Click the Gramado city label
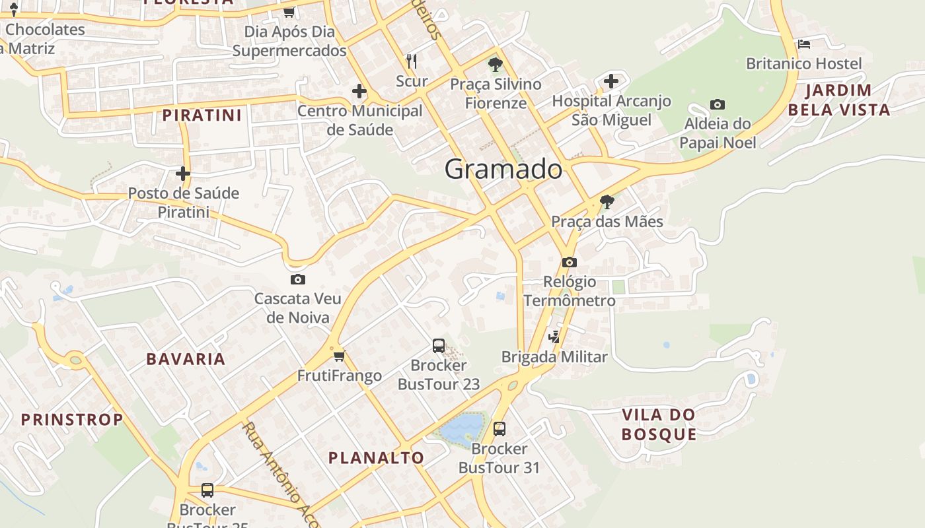503,170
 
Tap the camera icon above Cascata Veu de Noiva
298,279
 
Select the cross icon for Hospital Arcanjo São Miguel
611,81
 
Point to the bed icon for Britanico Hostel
804,44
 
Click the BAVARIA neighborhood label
186,359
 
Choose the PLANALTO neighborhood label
376,457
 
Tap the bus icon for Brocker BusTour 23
439,345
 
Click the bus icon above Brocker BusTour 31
499,429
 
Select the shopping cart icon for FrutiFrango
339,356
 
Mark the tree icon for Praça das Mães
607,202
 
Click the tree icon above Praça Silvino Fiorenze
495,65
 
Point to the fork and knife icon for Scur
412,61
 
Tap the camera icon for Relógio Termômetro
569,262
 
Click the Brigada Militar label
554,357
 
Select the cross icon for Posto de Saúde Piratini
183,174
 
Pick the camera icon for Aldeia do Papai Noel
718,104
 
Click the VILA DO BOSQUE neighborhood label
659,424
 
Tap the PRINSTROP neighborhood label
72,419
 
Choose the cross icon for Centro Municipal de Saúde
359,90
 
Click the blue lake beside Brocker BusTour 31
461,428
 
